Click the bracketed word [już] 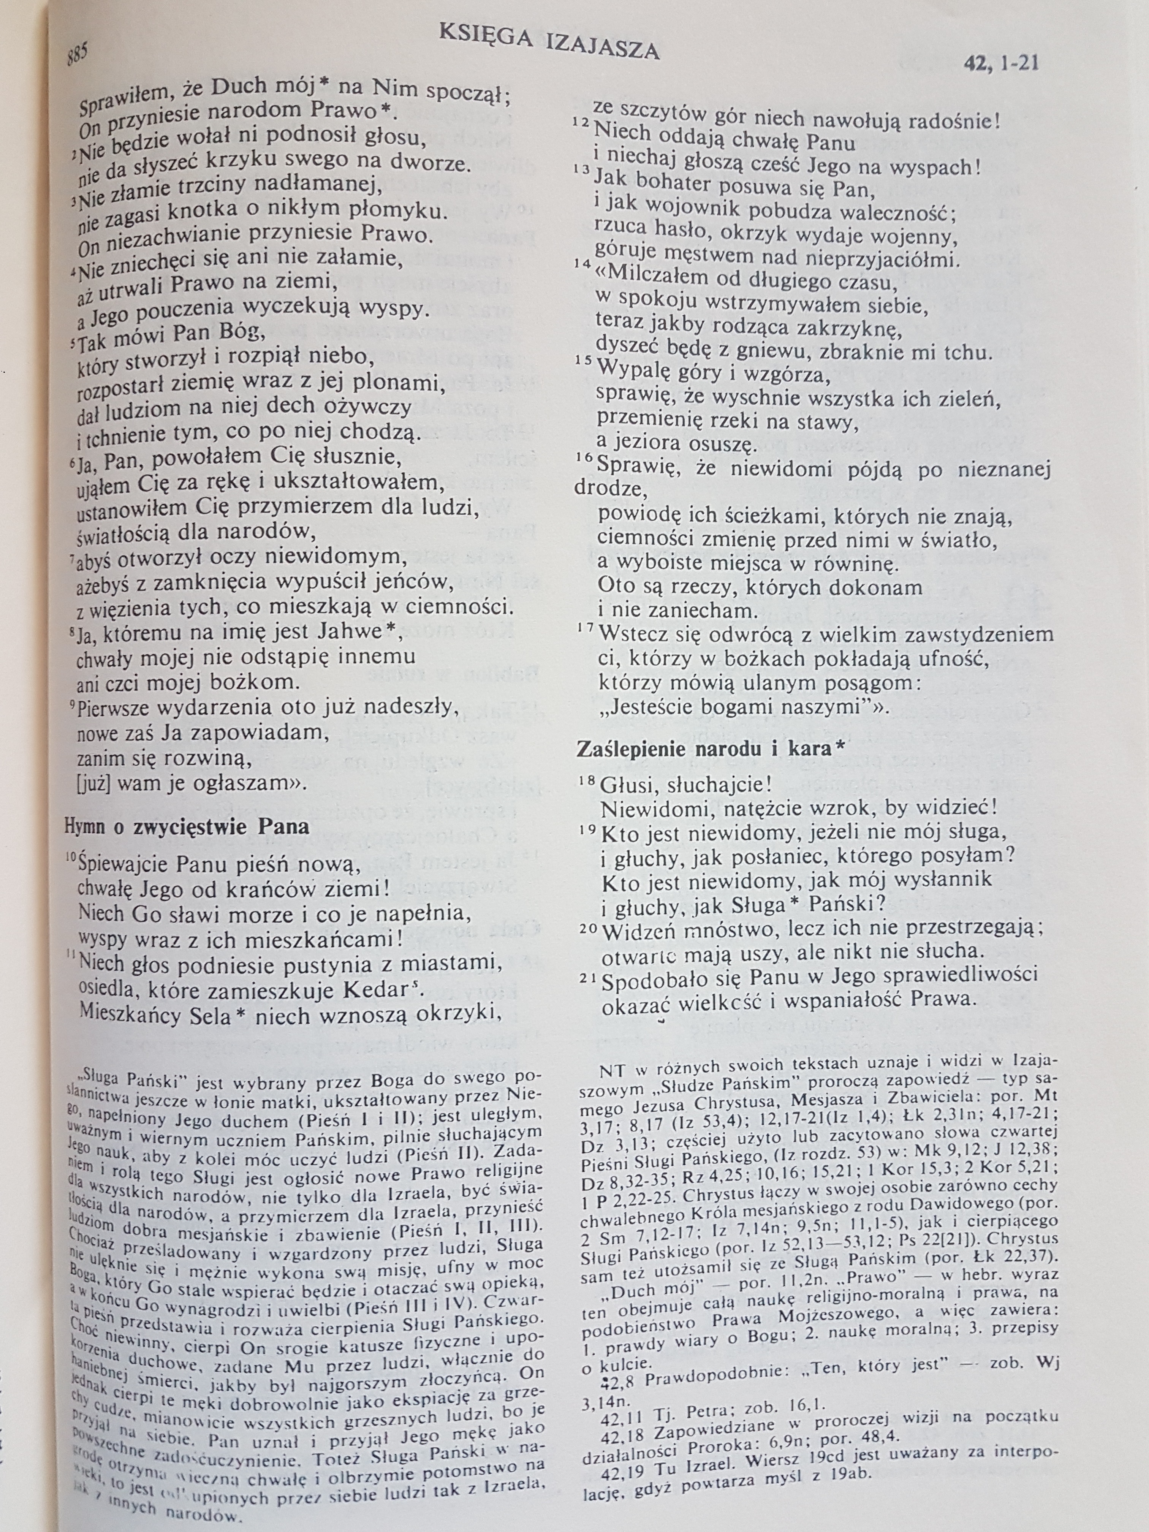(96, 784)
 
